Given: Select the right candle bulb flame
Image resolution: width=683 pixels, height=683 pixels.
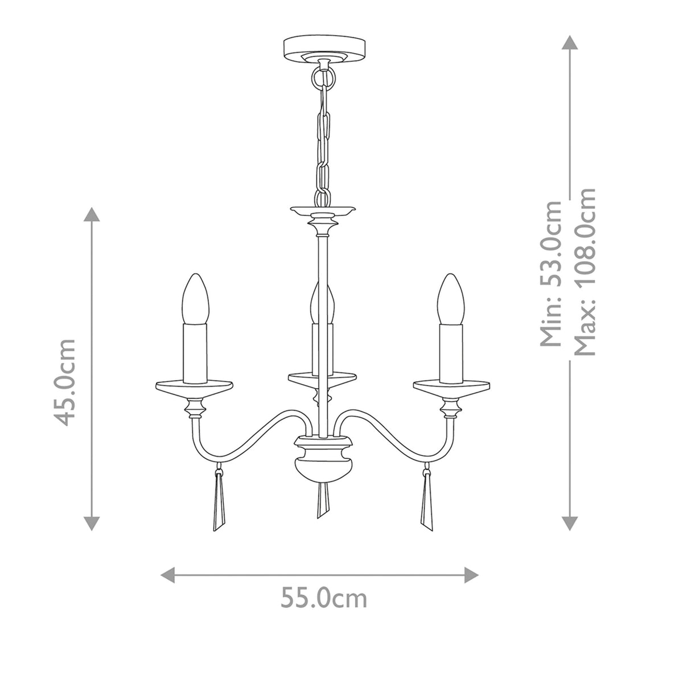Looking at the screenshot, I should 450,299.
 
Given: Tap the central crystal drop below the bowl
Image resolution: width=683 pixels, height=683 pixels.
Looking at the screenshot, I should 323,500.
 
